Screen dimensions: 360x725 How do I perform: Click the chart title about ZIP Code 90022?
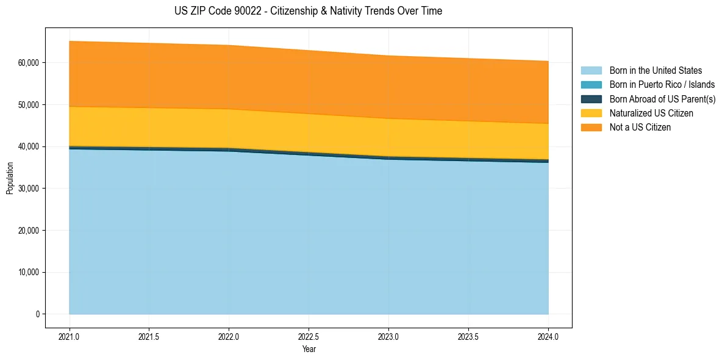[x=308, y=11]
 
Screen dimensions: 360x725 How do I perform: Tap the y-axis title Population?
[x=10, y=178]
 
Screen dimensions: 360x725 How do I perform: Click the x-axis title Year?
[x=309, y=349]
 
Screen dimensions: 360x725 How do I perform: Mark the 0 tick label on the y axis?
[x=37, y=314]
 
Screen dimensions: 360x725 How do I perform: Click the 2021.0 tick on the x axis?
[x=70, y=336]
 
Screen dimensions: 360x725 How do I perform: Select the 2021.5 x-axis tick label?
[x=149, y=336]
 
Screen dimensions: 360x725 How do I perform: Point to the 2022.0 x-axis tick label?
[x=229, y=336]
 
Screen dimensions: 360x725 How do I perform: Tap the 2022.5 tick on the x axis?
[x=309, y=336]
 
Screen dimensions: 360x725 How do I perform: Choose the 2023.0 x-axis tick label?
[x=388, y=336]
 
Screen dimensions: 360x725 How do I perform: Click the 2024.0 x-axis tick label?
[x=548, y=336]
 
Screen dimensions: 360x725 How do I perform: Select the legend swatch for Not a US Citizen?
[x=591, y=127]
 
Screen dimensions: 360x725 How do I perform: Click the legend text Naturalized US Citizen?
[x=651, y=113]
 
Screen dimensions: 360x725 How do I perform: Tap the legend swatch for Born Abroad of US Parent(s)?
[x=591, y=99]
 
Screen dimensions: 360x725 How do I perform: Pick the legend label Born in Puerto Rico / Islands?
[x=662, y=85]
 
